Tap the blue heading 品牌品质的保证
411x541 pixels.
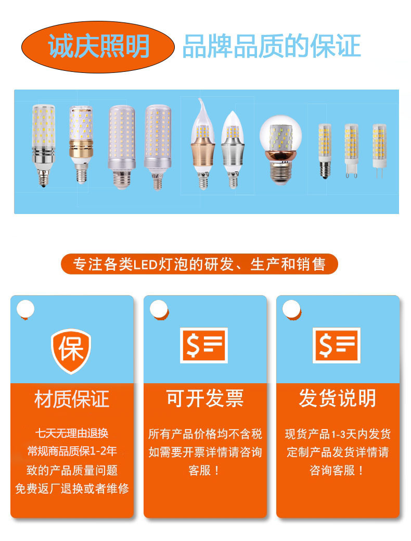[x=271, y=46]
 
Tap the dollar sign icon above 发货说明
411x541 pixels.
[x=336, y=345]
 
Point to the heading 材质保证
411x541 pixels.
[x=72, y=399]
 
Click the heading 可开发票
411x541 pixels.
[x=204, y=399]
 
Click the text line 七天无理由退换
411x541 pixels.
[x=72, y=433]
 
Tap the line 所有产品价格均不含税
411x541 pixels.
[x=205, y=434]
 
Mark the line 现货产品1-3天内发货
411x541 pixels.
[x=338, y=434]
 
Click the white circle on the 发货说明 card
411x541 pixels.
[x=291, y=309]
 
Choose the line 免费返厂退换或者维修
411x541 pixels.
[x=72, y=489]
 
